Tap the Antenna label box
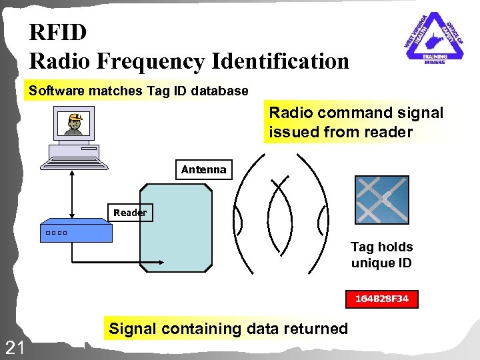(203, 170)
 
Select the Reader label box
(130, 213)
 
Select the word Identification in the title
(280, 61)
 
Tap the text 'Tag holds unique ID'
(382, 255)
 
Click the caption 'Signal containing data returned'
(228, 328)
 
